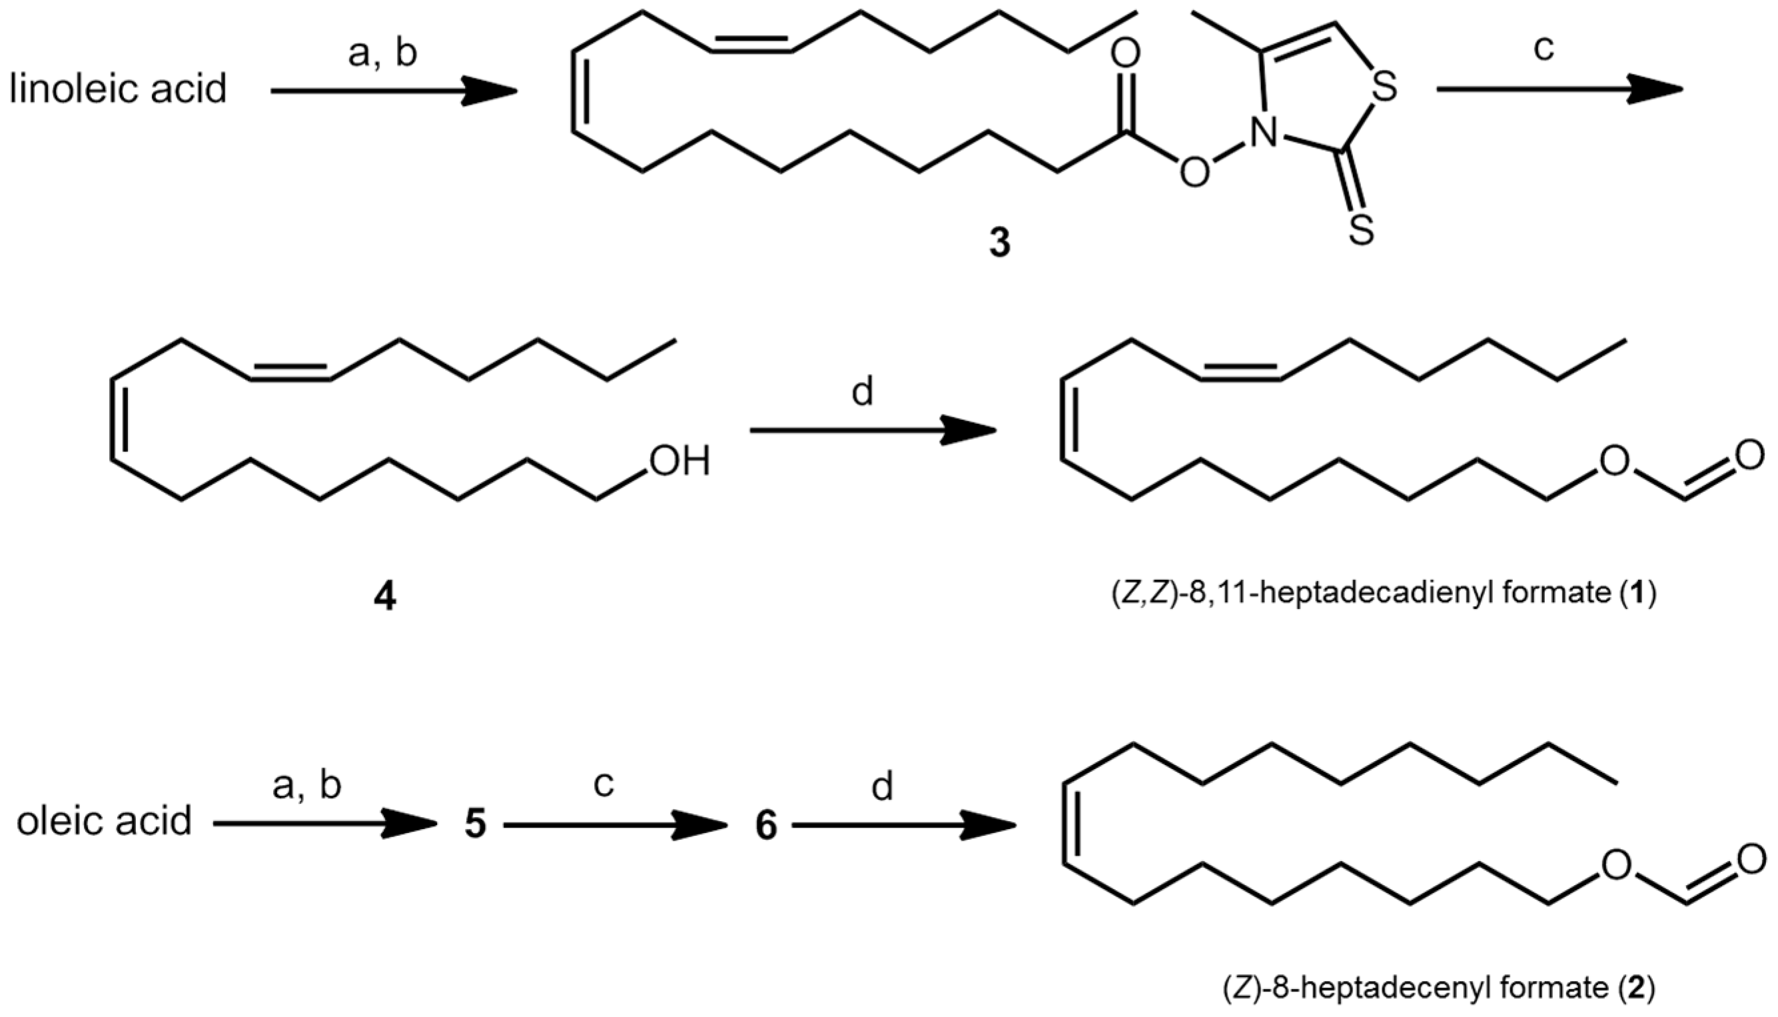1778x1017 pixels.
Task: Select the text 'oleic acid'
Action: pos(104,822)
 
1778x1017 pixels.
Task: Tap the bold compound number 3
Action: pos(1000,245)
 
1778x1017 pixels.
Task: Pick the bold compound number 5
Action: pos(476,825)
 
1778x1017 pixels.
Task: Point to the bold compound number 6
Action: pos(766,826)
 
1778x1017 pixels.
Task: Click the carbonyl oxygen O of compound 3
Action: pos(1124,55)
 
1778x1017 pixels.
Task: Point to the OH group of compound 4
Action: pos(679,462)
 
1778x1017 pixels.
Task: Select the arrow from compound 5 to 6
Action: pos(615,825)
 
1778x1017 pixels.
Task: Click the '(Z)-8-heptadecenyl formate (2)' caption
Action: pos(1440,988)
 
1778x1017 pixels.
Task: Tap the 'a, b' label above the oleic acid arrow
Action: pos(306,786)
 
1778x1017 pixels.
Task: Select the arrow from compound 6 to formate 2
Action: pos(903,826)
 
